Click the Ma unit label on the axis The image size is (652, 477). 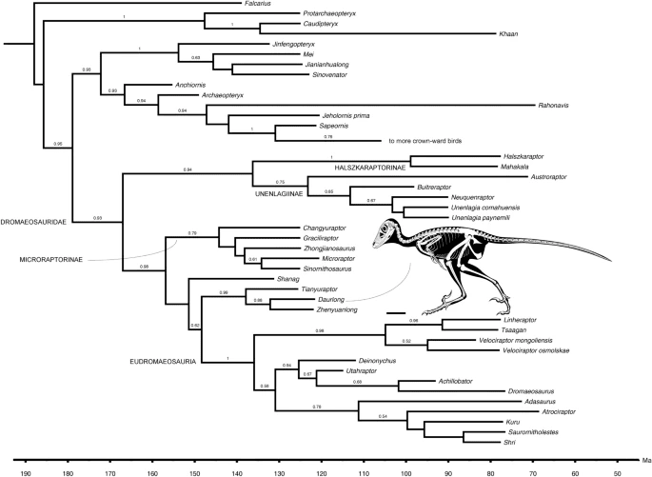point(644,457)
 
